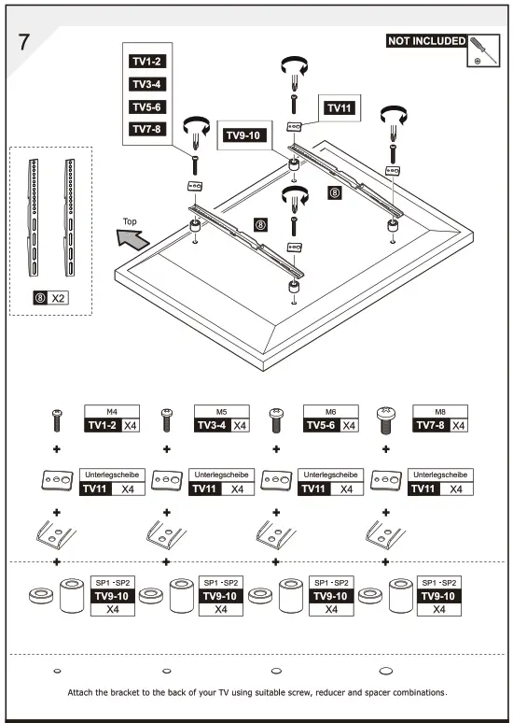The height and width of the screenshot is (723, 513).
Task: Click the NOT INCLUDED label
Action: [x=425, y=41]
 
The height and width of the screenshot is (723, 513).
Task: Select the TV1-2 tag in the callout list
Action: [x=147, y=62]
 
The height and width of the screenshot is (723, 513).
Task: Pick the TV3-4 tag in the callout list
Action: [x=147, y=84]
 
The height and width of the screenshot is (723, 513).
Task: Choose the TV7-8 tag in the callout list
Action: [x=147, y=130]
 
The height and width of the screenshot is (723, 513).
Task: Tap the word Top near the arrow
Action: [x=130, y=221]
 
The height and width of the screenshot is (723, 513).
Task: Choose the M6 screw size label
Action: [x=329, y=410]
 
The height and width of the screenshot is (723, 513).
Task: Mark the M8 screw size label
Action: [x=438, y=410]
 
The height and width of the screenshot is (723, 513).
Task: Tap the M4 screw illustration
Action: [x=56, y=421]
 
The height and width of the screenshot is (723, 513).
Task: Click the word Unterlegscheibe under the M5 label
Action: [x=220, y=475]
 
